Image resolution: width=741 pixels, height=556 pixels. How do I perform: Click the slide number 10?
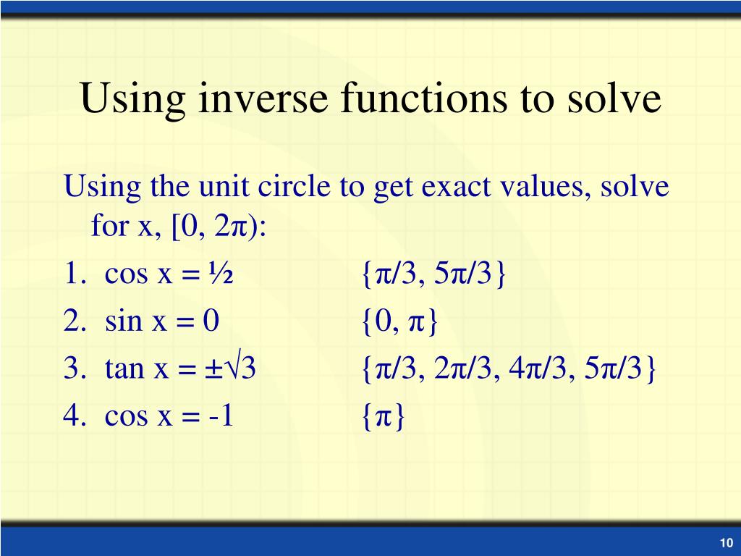tap(725, 544)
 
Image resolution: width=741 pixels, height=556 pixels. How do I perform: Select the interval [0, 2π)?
tap(219, 228)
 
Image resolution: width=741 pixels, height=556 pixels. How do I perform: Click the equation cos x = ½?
tap(169, 275)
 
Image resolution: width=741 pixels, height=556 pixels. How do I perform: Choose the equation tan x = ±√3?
tap(181, 369)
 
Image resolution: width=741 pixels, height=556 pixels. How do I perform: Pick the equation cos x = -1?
tap(169, 416)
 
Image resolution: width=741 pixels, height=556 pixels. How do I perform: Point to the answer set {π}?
tap(384, 416)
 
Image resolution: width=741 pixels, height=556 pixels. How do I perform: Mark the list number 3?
tap(72, 369)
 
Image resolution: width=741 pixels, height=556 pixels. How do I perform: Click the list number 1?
tap(72, 275)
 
